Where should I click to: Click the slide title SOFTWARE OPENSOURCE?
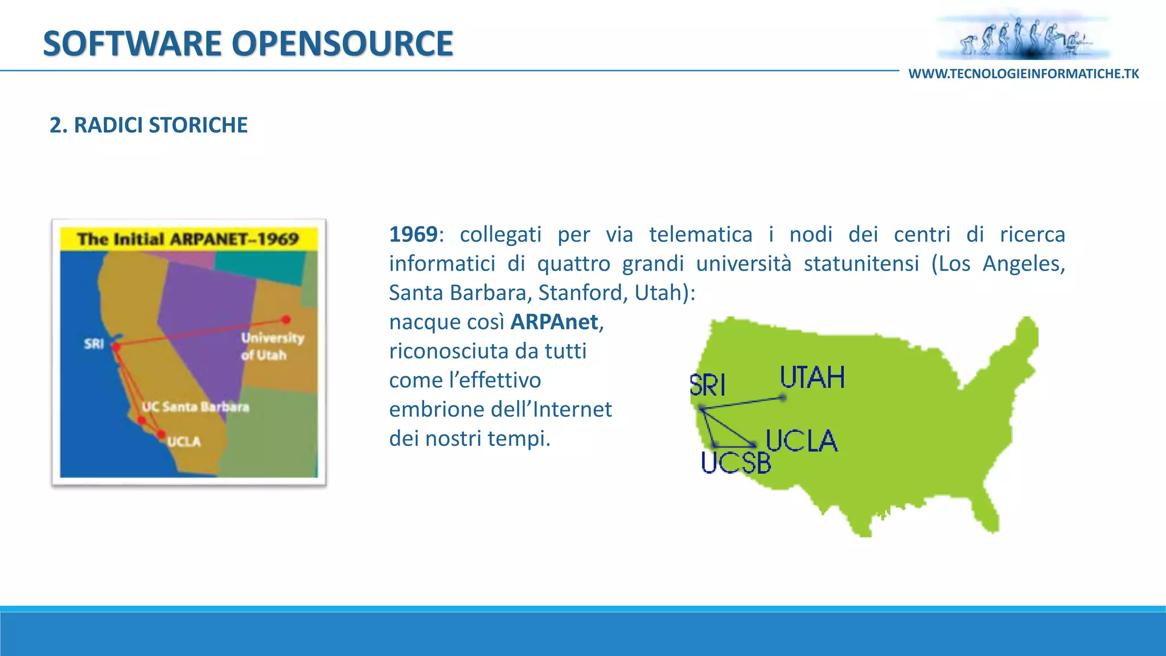pos(248,43)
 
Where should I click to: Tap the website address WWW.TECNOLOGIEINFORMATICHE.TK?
pos(1024,74)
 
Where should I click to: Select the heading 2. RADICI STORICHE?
pos(149,125)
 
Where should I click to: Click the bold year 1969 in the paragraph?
pos(413,235)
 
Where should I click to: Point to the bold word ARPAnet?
pos(554,322)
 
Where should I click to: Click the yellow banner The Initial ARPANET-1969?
pos(188,239)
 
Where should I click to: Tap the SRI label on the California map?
pos(94,344)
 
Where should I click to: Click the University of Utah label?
pos(272,346)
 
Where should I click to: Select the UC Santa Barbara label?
pos(195,407)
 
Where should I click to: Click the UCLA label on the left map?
pos(183,442)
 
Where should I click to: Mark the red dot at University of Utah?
pos(286,319)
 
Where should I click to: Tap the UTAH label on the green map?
pos(812,378)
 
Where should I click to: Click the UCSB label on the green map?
pos(736,462)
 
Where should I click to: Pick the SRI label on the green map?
pos(707,386)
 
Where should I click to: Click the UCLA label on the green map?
pos(801,441)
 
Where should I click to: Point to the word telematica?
pos(700,235)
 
